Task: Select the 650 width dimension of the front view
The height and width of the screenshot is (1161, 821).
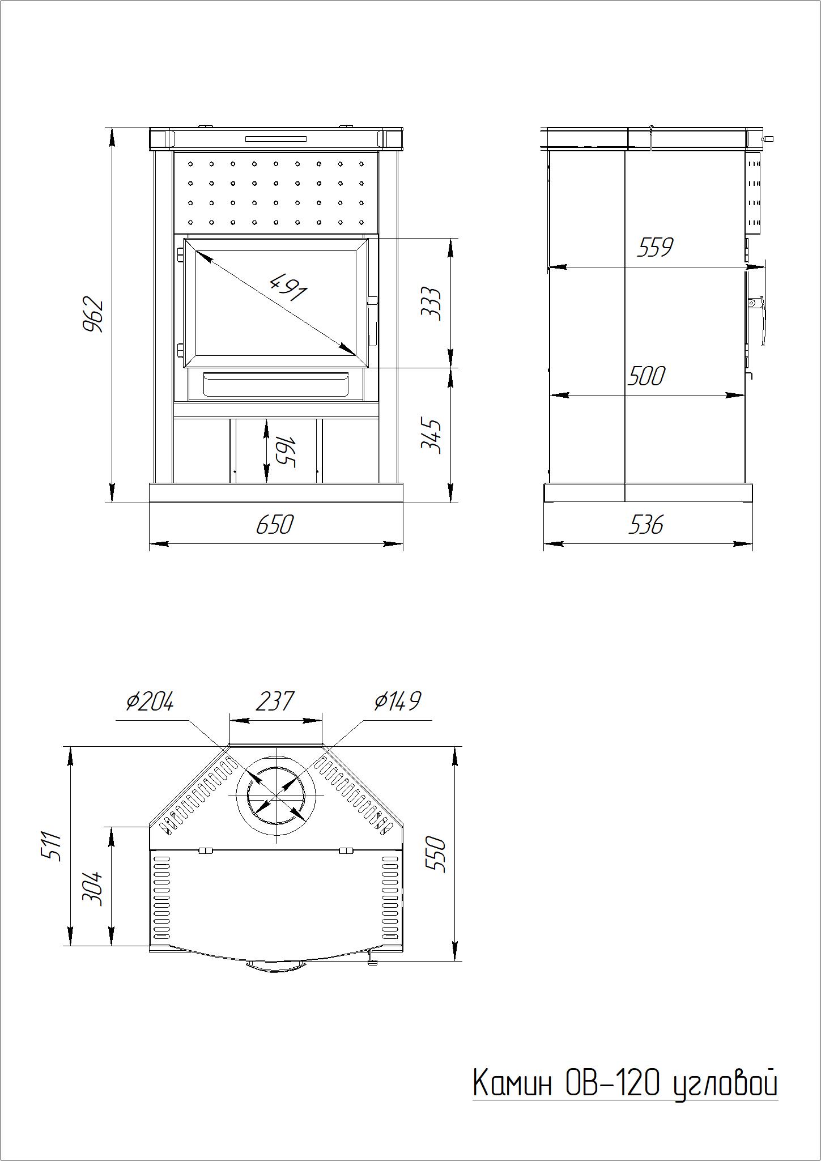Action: click(275, 525)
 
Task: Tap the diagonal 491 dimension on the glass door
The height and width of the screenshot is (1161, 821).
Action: click(289, 287)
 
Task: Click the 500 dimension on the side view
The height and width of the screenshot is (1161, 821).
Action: click(646, 376)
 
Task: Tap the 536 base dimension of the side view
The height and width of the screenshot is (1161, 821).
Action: click(645, 525)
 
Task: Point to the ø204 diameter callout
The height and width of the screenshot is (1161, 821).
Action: click(150, 701)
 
